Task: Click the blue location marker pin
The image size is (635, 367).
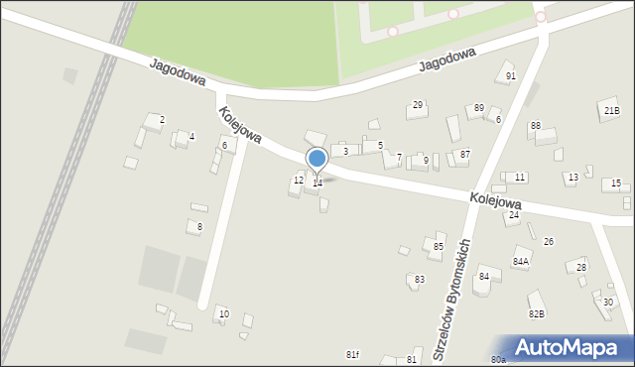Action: pos(317,160)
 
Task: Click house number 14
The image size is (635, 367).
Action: pos(317,183)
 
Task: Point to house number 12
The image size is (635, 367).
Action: pos(299,180)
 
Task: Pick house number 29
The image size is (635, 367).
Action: pos(418,105)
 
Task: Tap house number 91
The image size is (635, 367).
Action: pos(511,76)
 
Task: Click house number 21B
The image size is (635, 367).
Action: pos(611,111)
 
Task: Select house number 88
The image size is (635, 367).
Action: pos(535,126)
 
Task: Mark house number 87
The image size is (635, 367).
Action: pos(464,154)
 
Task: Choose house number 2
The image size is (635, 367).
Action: pos(162,120)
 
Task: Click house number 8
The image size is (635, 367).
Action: pos(199,227)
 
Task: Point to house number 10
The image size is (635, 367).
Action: pos(223,314)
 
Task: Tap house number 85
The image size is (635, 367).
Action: pos(439,246)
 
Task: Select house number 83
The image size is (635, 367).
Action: pos(420,280)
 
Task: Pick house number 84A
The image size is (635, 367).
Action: pos(521,262)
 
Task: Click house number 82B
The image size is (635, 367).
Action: pos(537,314)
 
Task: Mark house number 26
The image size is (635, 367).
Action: pos(548,242)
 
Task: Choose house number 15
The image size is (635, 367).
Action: pos(616,183)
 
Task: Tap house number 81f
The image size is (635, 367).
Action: pos(352,355)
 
